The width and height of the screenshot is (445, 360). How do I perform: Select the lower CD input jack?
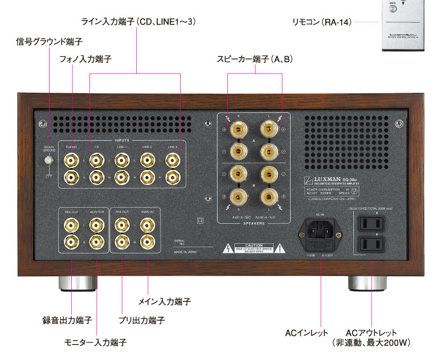[97, 177]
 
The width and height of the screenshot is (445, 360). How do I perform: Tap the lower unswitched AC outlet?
[371, 245]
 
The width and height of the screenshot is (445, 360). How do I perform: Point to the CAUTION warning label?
[254, 248]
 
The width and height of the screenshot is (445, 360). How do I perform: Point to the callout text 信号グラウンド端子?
[50, 42]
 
